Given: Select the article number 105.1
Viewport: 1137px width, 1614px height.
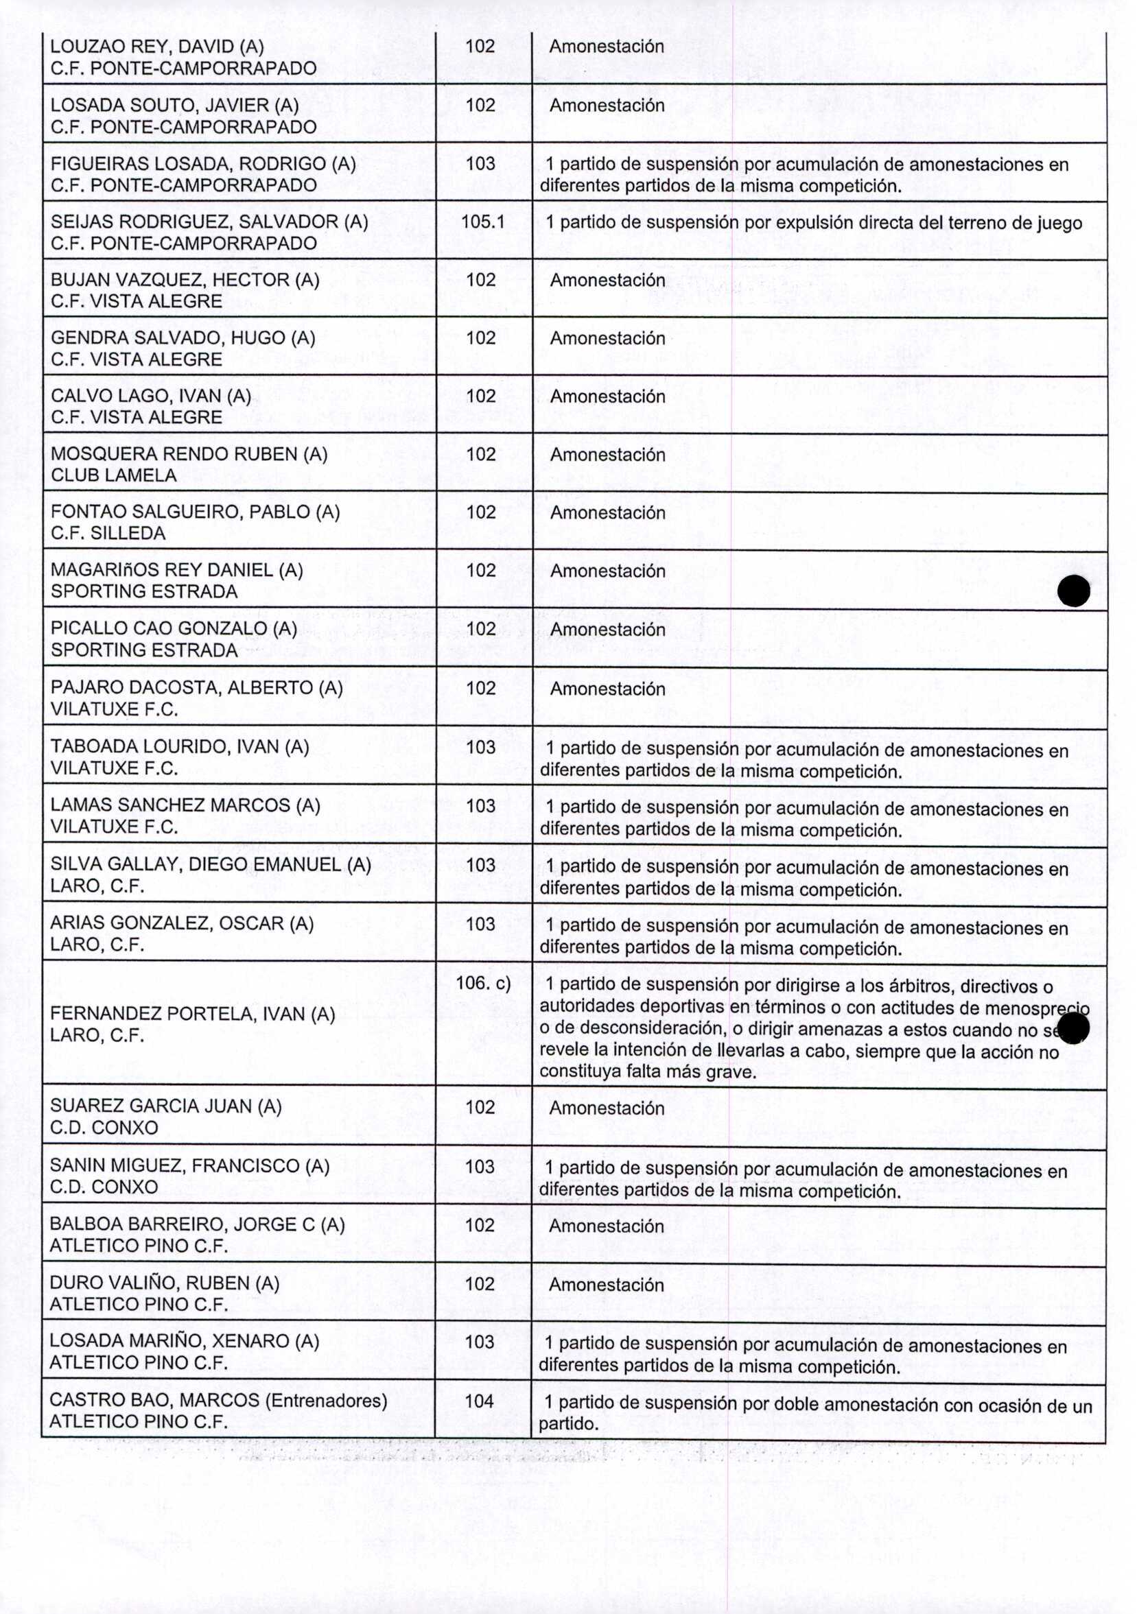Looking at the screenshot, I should [482, 222].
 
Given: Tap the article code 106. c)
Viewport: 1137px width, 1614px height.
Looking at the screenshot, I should [483, 983].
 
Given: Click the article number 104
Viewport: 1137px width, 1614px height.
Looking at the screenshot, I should [479, 1401].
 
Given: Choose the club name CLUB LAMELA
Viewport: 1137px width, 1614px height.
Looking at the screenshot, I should [113, 475].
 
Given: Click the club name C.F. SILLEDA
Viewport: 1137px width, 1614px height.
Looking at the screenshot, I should [108, 534].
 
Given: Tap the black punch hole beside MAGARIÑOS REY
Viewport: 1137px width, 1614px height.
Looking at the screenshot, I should [1073, 591].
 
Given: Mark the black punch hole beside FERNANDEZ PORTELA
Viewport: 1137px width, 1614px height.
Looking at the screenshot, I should [1072, 1028].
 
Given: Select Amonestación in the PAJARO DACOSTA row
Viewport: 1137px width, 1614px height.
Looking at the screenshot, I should [607, 689].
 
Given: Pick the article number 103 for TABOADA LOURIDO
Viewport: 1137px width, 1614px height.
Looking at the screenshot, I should [480, 747].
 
